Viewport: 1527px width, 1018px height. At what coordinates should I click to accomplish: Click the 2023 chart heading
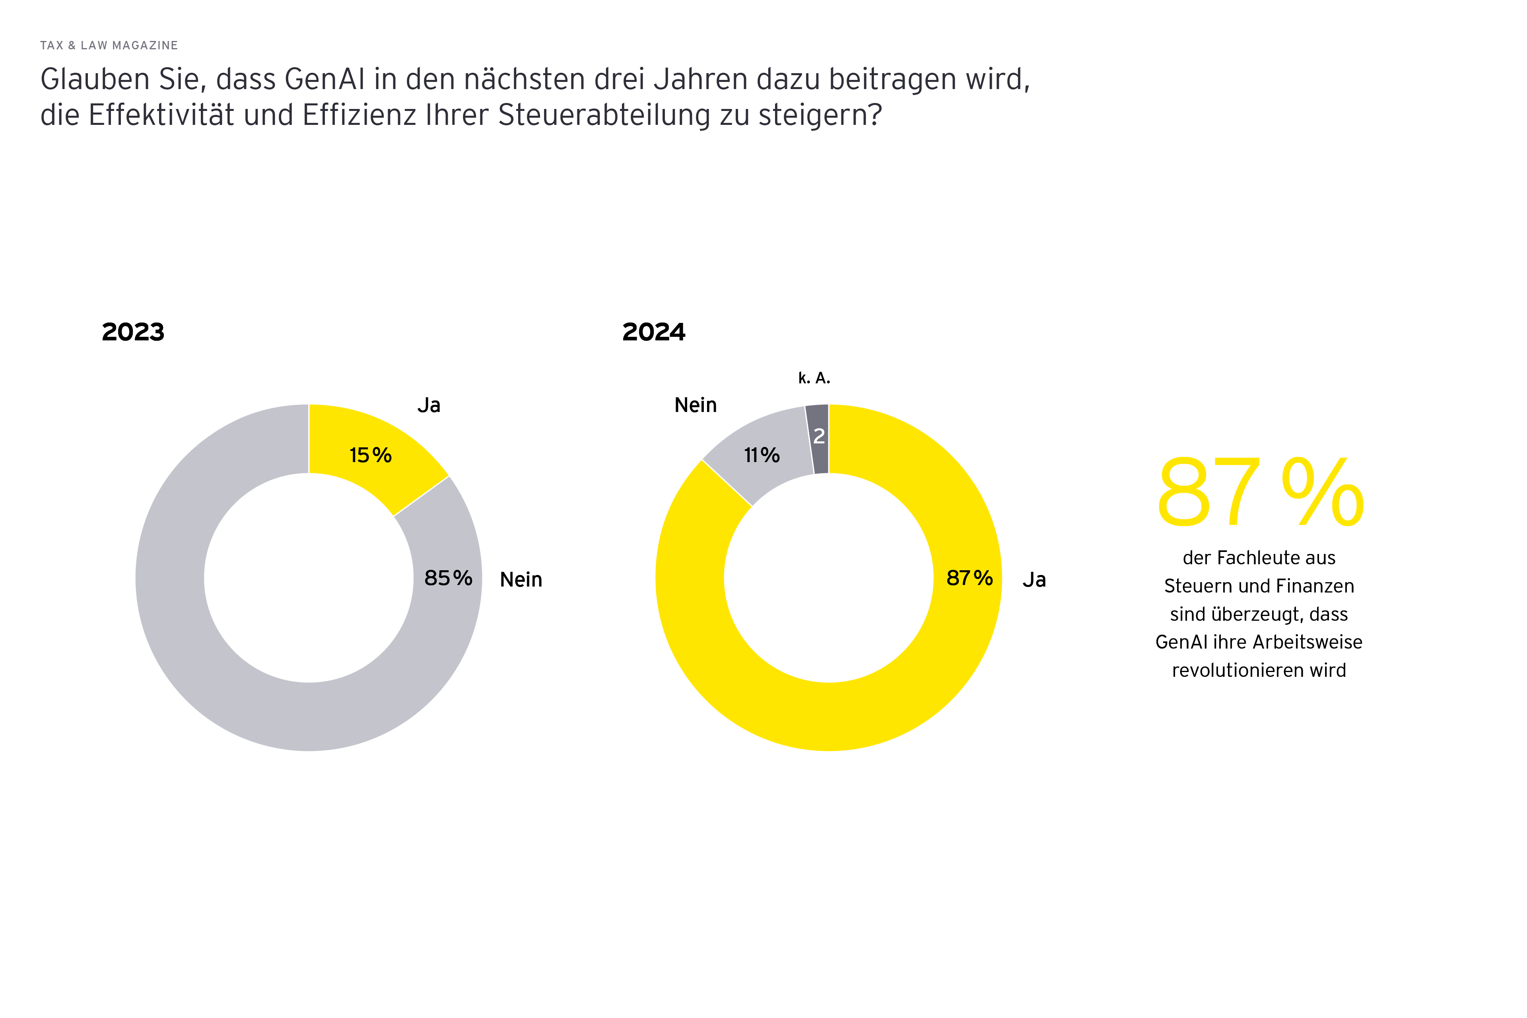coord(133,332)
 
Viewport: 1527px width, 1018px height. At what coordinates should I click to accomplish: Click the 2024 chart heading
coord(653,332)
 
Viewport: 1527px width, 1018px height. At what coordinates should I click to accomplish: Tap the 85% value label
coord(448,578)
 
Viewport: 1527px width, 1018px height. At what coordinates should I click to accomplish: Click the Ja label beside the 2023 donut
coord(429,405)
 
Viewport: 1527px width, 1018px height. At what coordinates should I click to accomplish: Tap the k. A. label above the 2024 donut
coord(814,378)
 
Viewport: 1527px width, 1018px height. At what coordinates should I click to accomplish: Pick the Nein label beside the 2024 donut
coord(696,405)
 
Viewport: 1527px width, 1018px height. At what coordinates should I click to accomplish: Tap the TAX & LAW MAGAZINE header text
coord(109,45)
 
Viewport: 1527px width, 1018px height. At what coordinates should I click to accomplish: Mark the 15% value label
coord(370,455)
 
